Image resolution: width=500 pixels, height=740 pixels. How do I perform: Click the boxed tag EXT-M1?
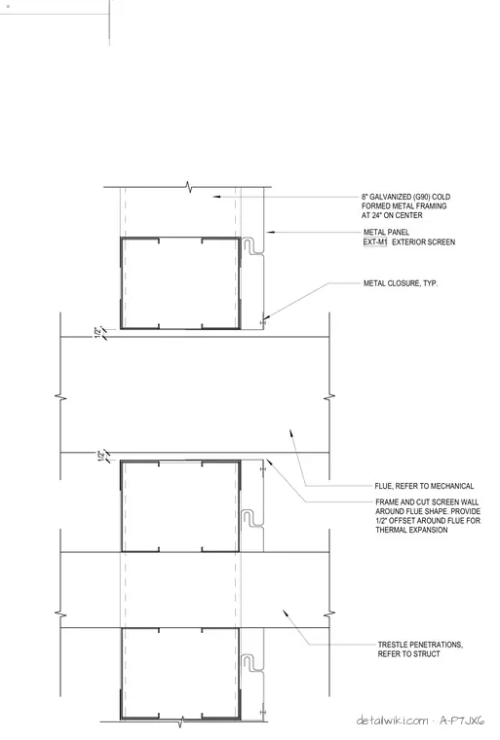click(x=375, y=242)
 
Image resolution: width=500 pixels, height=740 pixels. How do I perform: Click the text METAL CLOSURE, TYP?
click(x=401, y=283)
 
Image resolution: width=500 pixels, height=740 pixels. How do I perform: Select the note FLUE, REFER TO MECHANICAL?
click(x=424, y=486)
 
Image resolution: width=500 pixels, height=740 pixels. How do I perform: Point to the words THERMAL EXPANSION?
click(x=411, y=530)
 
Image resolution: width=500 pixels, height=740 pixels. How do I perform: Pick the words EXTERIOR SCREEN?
click(x=423, y=242)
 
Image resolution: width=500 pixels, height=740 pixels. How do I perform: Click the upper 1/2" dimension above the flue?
click(x=98, y=332)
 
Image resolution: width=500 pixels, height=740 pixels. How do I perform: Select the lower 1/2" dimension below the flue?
click(x=100, y=457)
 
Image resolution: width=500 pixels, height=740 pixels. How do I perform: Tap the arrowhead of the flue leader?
click(x=291, y=433)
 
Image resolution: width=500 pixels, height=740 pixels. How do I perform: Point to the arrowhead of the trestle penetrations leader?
click(x=285, y=612)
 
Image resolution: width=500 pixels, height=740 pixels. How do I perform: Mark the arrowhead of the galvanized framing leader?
click(x=216, y=197)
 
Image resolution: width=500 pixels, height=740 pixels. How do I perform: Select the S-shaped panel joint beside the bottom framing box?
click(x=252, y=663)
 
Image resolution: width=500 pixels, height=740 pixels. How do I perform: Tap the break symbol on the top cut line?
click(x=188, y=187)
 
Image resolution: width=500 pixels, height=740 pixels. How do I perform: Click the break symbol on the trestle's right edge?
click(x=329, y=613)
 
